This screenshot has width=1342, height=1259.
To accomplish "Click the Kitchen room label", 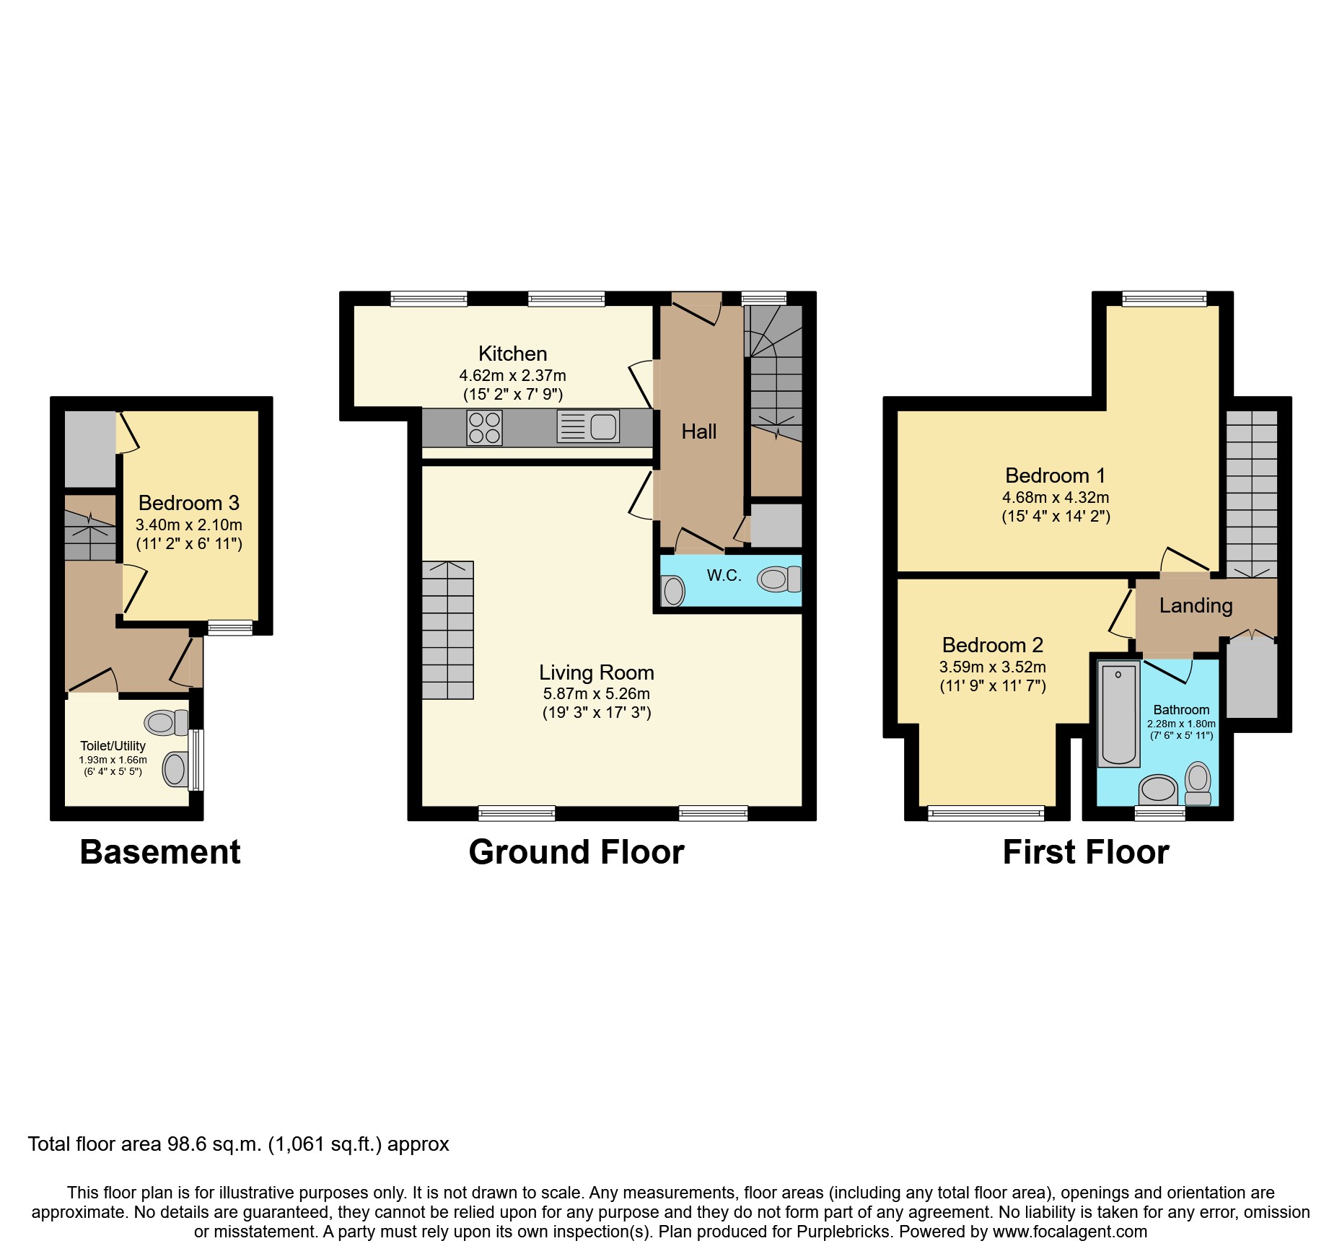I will pos(512,354).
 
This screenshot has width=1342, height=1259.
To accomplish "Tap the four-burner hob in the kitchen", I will pos(485,427).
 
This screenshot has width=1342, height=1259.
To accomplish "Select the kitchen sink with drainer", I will pos(588,426).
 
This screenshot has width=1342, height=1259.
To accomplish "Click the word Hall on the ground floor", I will pos(698,431).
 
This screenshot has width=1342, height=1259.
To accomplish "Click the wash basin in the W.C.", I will pos(673,591).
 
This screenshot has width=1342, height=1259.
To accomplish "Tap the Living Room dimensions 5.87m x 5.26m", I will pos(596,694).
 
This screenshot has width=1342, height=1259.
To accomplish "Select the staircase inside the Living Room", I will pos(447,630).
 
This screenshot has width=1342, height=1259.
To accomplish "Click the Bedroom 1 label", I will pos(1055,475).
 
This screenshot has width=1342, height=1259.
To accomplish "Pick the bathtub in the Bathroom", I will pos(1118,714).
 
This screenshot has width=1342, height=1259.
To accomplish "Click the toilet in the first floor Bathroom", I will pos(1198,783).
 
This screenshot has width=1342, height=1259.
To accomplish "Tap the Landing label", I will pos(1196,605).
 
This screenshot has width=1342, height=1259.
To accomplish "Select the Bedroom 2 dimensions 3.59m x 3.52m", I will pos(992,667).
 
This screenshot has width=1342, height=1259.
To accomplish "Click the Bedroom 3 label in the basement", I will pos(188,503).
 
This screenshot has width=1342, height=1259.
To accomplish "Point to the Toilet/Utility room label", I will pos(113,746).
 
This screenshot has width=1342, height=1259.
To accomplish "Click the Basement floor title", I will pos(159,852).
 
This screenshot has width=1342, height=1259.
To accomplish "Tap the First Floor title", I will pos(1085,852).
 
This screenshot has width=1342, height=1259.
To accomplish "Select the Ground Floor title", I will pos(576,852).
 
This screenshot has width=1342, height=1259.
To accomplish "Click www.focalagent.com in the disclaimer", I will pos(1069,1232).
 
